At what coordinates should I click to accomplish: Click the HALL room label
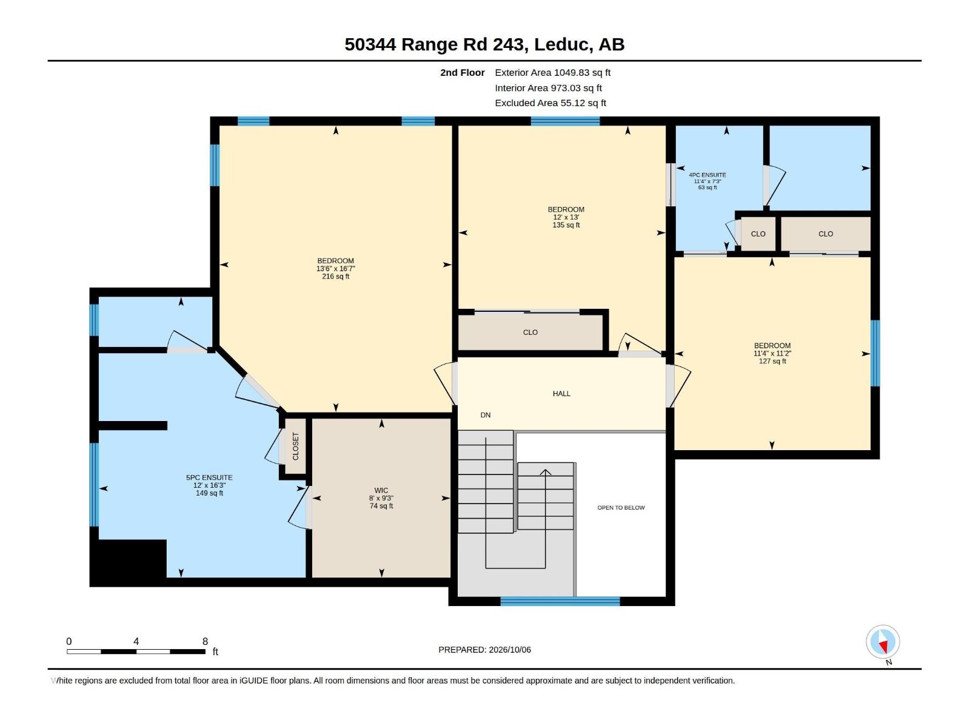click(x=561, y=393)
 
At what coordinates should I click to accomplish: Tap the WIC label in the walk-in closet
click(x=381, y=490)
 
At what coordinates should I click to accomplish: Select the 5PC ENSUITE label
click(x=209, y=477)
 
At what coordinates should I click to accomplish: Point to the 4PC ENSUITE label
click(x=707, y=175)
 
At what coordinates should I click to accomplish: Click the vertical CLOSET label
click(x=296, y=446)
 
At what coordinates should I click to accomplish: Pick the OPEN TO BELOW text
click(x=621, y=507)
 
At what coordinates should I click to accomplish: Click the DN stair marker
click(x=485, y=415)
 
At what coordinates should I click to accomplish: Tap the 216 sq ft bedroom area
click(x=335, y=277)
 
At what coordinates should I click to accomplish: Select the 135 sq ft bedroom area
click(x=566, y=225)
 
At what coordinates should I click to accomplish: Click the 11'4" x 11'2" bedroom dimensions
click(x=772, y=354)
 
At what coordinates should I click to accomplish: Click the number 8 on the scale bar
click(x=205, y=641)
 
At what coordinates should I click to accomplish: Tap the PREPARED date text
click(x=484, y=650)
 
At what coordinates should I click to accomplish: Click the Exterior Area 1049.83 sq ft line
click(x=552, y=72)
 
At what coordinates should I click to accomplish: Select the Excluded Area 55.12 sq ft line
click(x=550, y=103)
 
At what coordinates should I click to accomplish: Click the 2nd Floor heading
click(x=462, y=72)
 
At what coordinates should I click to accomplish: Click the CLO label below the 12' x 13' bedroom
click(x=530, y=332)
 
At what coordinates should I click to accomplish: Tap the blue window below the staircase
click(x=560, y=601)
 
